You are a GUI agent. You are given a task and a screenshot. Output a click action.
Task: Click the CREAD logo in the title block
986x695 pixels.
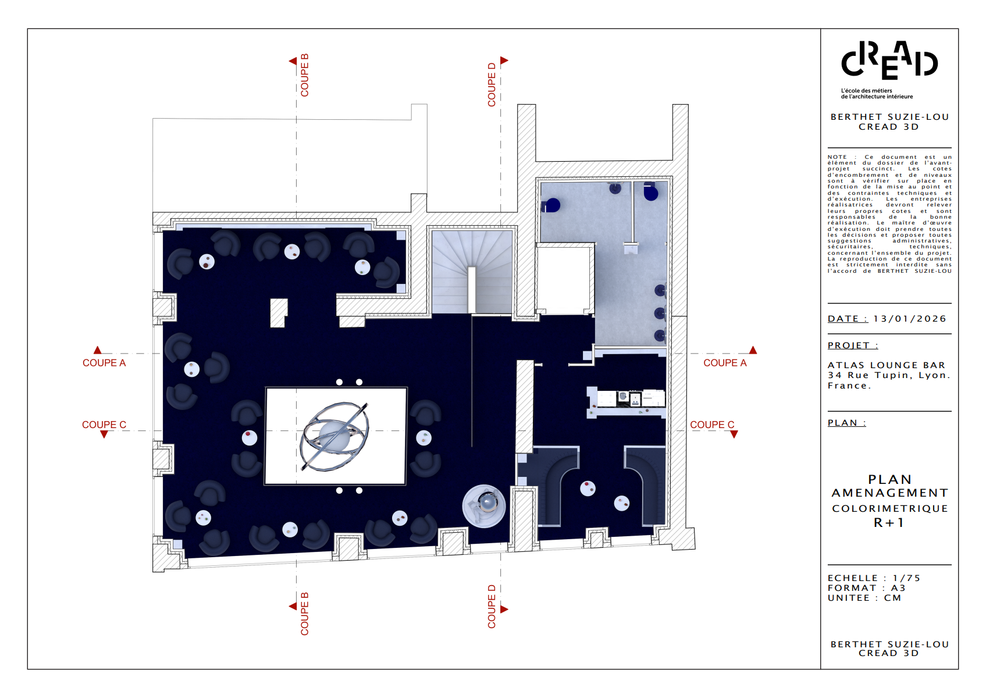(x=889, y=60)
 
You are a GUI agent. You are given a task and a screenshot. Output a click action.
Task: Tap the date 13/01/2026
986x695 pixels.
(x=910, y=319)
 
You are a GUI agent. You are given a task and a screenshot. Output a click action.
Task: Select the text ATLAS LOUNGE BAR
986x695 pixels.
(x=887, y=365)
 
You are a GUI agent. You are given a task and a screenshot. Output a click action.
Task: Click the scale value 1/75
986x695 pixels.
(x=907, y=578)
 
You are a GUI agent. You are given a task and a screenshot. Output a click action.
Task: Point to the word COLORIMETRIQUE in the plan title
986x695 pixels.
(x=889, y=509)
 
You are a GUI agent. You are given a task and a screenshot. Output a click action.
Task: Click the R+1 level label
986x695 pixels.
(x=889, y=523)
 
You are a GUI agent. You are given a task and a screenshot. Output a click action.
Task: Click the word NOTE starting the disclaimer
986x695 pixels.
(x=837, y=157)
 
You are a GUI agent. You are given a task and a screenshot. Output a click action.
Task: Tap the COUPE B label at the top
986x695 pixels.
(x=304, y=75)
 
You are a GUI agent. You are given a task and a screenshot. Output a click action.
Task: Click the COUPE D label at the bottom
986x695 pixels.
(x=492, y=607)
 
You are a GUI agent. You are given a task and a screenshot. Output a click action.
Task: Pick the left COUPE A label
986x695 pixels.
(x=104, y=363)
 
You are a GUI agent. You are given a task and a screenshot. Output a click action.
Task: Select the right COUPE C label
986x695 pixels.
(x=712, y=425)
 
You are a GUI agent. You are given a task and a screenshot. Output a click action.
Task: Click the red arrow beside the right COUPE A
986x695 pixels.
(x=753, y=350)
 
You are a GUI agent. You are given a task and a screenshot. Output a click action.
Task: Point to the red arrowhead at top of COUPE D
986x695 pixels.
(x=504, y=60)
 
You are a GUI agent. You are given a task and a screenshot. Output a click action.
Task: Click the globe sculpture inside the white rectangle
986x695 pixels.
(x=334, y=436)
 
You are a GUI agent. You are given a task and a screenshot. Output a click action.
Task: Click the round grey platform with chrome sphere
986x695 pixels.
(x=484, y=506)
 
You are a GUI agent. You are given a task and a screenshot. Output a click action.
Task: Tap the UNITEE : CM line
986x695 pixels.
(x=864, y=598)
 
